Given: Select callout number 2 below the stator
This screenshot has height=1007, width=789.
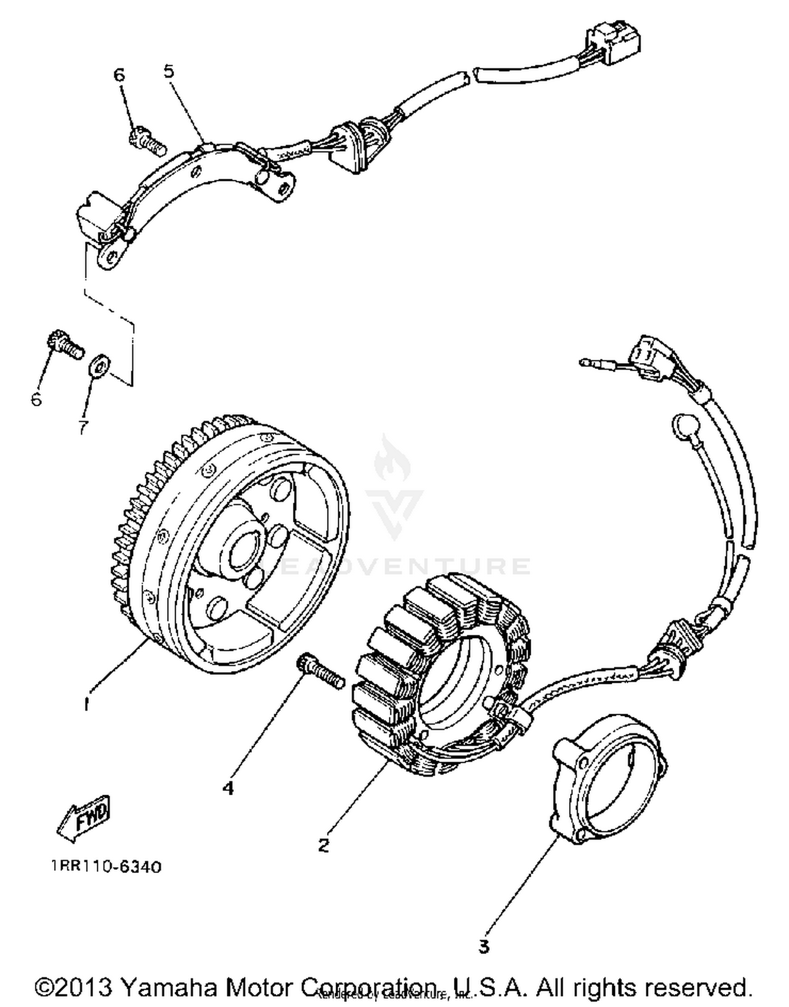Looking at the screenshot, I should [x=323, y=845].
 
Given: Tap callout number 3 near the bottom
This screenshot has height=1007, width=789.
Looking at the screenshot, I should [x=483, y=946].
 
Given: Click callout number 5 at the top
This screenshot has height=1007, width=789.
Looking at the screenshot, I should [x=168, y=71].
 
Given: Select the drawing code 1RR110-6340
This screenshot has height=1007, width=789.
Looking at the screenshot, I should [x=107, y=881].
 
